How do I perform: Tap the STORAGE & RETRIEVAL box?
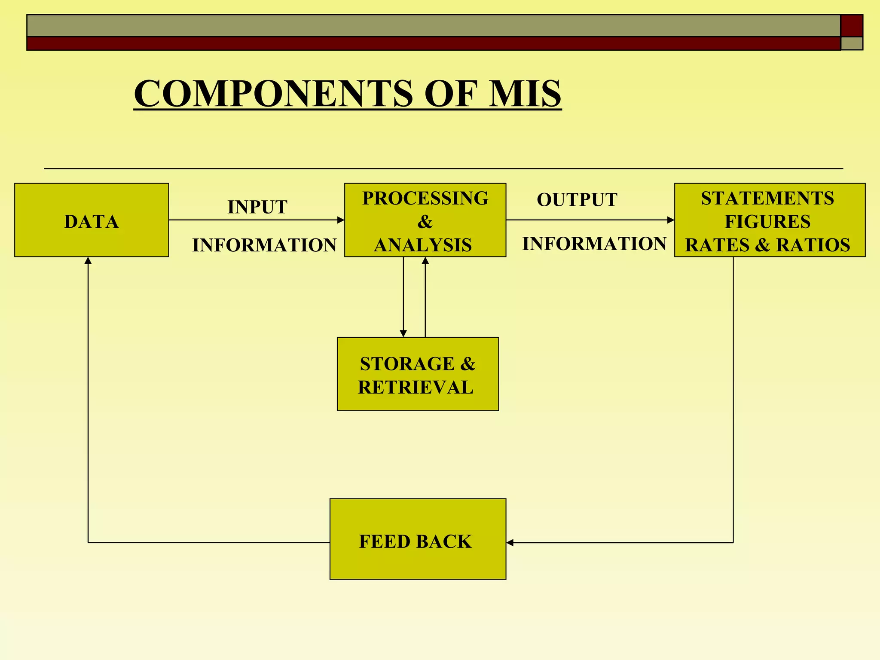(418, 374)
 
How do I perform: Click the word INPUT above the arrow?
(257, 207)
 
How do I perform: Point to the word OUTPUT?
(577, 200)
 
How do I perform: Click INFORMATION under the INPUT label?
(264, 245)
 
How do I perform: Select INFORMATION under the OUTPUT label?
(594, 244)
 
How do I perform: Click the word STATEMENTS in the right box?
(767, 199)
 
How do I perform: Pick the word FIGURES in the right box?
(767, 222)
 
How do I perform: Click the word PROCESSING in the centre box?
(425, 199)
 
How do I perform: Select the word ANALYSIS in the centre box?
(423, 245)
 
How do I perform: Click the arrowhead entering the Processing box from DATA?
(341, 220)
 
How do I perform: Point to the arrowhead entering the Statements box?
(671, 220)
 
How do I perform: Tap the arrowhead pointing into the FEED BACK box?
(510, 543)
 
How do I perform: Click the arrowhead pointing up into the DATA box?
(88, 260)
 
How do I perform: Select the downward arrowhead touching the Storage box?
(403, 333)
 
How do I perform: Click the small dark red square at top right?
(852, 25)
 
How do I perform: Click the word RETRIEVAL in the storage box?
(416, 388)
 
